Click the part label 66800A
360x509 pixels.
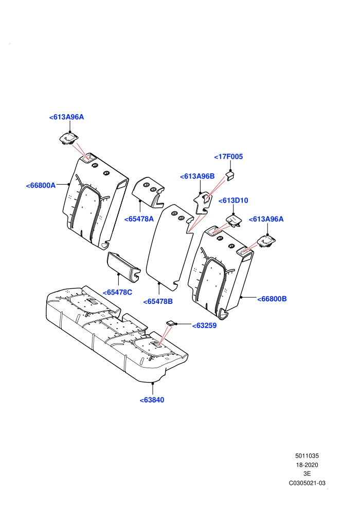click(x=41, y=186)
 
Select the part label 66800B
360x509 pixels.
click(x=272, y=299)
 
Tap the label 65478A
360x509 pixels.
click(x=139, y=219)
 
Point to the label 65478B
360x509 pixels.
click(x=158, y=302)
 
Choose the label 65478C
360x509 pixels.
click(x=117, y=293)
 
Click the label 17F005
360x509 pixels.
click(x=228, y=157)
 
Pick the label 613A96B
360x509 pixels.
click(x=197, y=176)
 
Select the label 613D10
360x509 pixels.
click(x=233, y=201)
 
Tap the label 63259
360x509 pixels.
click(x=204, y=325)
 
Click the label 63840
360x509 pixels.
click(x=152, y=400)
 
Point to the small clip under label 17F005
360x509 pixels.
click(x=230, y=176)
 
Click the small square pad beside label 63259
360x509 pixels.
click(x=170, y=323)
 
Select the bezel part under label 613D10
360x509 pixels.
click(x=234, y=221)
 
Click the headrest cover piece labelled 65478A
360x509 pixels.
click(x=148, y=192)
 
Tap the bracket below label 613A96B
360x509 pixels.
click(x=202, y=203)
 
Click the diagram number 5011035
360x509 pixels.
click(x=307, y=456)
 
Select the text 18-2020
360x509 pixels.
click(x=307, y=465)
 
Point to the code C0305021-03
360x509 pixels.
click(x=307, y=483)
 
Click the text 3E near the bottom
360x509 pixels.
click(x=307, y=474)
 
